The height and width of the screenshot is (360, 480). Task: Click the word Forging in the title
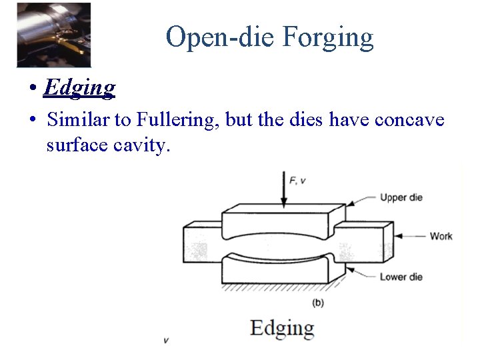click(327, 37)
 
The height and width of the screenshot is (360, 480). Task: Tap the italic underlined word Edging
click(79, 87)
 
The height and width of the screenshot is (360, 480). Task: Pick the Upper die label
click(401, 197)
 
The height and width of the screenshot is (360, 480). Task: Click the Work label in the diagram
click(441, 236)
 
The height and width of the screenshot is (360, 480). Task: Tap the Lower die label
click(401, 277)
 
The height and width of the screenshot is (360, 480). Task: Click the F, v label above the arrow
click(297, 180)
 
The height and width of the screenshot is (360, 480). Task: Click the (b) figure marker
click(318, 302)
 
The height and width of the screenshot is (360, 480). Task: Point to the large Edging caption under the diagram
click(282, 328)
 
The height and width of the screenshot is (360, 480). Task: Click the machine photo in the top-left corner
click(54, 34)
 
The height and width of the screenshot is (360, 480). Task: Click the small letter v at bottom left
click(166, 341)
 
